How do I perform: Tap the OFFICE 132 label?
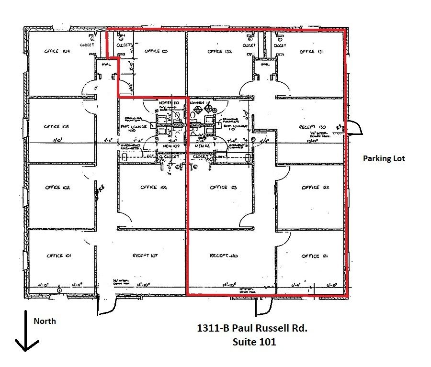220,51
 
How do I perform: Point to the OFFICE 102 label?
57,188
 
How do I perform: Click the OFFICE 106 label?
154,188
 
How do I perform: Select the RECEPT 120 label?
224,256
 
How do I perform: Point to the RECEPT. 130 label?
312,127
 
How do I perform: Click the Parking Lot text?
384,158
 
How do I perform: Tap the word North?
44,321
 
